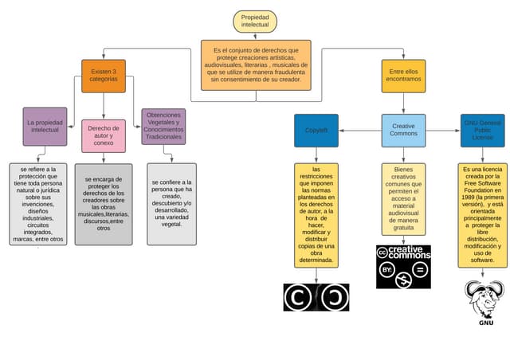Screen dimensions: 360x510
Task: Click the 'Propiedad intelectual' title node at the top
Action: (255, 22)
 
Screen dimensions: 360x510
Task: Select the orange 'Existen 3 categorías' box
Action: (103, 76)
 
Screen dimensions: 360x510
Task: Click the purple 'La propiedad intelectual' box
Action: (45, 127)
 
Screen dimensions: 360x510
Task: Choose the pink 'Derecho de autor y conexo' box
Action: (103, 135)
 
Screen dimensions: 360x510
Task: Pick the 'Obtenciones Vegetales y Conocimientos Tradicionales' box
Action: (163, 127)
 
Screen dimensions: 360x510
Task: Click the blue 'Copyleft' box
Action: (316, 130)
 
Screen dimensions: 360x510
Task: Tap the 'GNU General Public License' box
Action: (482, 130)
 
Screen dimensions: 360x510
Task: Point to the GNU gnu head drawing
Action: (484, 299)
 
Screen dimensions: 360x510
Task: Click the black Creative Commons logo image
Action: (403, 266)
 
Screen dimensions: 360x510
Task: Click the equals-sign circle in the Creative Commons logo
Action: (421, 270)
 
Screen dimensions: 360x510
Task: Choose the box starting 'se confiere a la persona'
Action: (171, 203)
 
